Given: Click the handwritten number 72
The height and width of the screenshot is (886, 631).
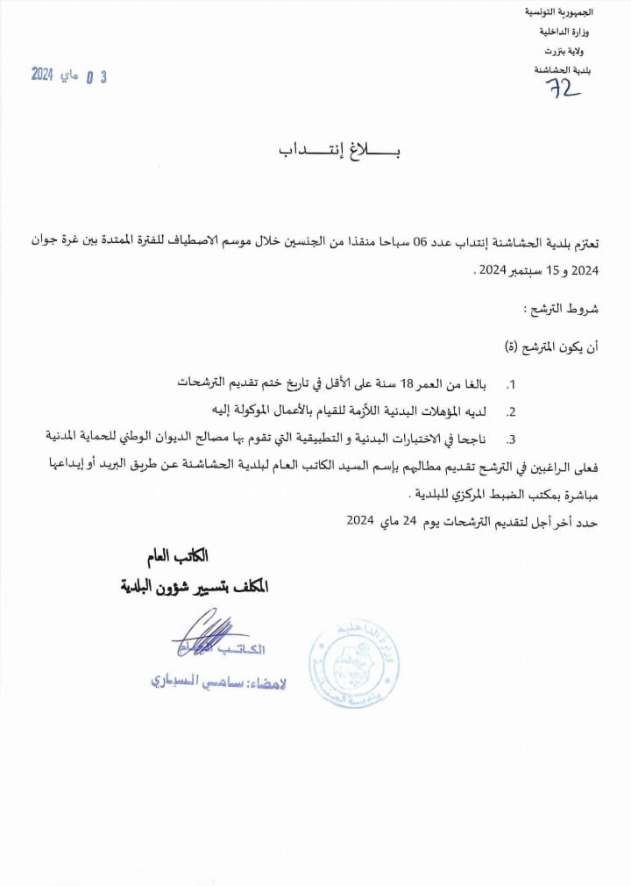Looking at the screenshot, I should (564, 87).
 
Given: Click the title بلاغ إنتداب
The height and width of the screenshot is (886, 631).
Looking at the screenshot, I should (339, 151).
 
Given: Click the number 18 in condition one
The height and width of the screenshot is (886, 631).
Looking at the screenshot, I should (408, 383).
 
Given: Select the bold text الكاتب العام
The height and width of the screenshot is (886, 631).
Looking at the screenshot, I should (178, 556).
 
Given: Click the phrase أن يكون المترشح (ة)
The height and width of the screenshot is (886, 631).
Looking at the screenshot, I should (558, 347).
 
